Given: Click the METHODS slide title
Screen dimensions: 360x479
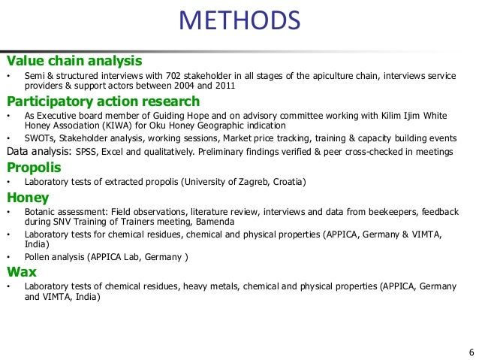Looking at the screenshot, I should coord(239,22).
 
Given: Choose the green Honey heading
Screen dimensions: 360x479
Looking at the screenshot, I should coord(28,198).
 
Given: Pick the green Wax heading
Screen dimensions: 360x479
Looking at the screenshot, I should coord(22,271).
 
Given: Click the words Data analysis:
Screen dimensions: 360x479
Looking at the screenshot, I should coord(38,152).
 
